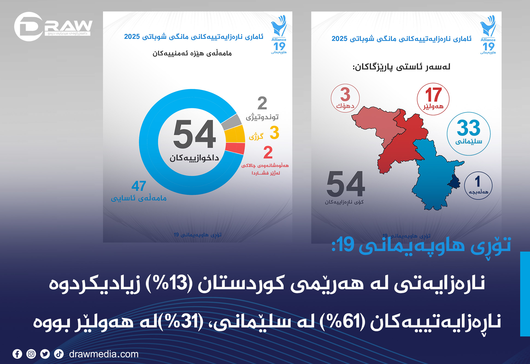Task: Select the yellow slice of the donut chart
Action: [x=235, y=134]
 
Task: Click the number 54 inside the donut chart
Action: [x=195, y=134]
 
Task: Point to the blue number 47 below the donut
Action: [x=139, y=186]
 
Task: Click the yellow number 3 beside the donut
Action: [x=274, y=133]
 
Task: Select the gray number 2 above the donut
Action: [x=262, y=103]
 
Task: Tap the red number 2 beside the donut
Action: [x=268, y=152]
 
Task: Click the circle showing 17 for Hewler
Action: [x=433, y=99]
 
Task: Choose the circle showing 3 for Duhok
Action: [x=345, y=98]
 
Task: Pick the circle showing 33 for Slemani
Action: [x=469, y=134]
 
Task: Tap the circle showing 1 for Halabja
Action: [x=478, y=186]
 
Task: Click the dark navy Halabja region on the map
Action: [x=455, y=182]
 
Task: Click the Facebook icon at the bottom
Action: [x=17, y=354]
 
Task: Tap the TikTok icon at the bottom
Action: [x=59, y=354]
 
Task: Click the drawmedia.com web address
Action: [x=104, y=354]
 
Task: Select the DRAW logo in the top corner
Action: [x=53, y=26]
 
